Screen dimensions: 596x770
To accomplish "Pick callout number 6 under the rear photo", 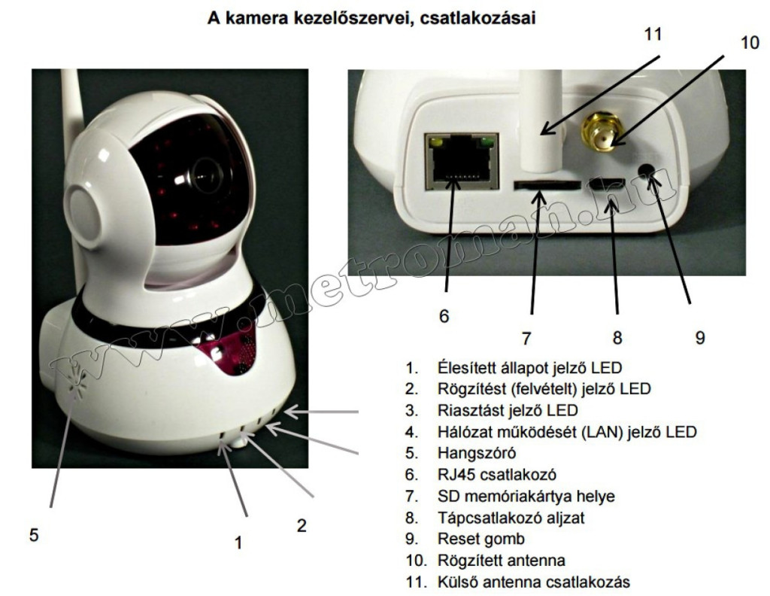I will pos(444,316).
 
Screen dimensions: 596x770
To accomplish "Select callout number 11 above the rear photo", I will pos(652,35).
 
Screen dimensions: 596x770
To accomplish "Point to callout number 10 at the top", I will pos(750,43).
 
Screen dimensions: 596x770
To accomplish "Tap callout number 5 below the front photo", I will pos(34,535).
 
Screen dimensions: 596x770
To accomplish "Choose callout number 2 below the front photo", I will pos(302,525).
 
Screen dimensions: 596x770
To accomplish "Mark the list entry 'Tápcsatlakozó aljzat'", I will pos(505,518).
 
